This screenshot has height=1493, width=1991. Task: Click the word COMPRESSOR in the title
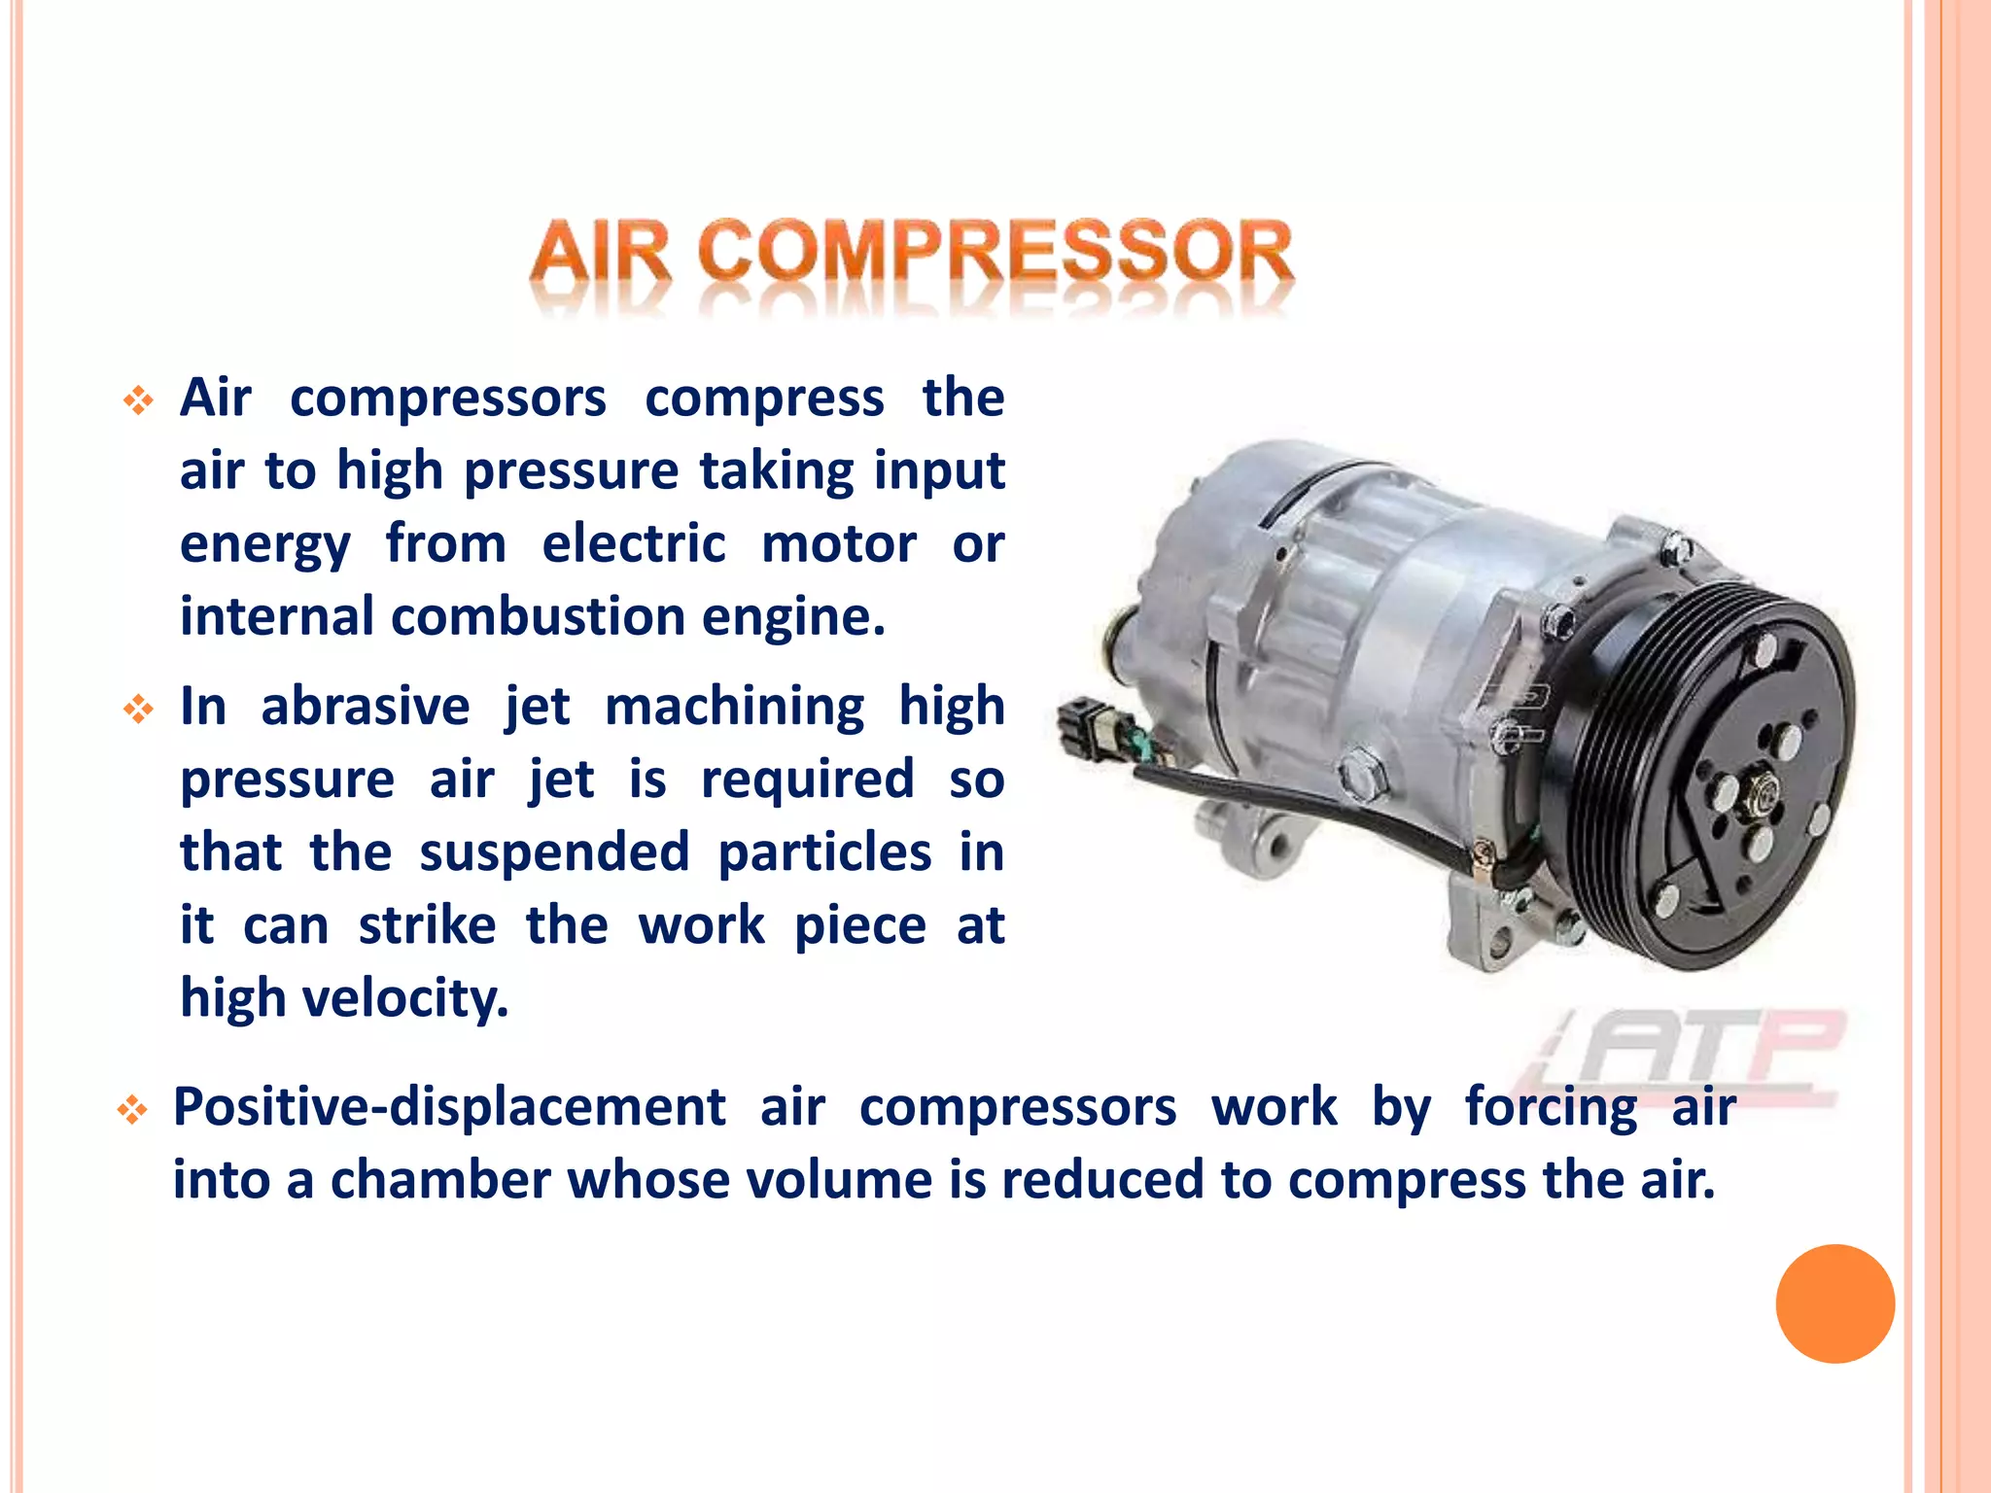995,253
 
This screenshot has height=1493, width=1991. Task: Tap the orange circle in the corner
1834,1303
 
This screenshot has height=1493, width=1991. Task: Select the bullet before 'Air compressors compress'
138,400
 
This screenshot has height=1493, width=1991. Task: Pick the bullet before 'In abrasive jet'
138,709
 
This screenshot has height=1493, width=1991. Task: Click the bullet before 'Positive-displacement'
132,1109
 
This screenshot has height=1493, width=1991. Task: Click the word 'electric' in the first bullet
633,543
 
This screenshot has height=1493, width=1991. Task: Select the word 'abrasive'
365,707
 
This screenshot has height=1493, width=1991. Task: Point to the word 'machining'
734,707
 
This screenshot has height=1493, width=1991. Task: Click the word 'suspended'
554,853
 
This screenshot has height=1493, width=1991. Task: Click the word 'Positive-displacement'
449,1107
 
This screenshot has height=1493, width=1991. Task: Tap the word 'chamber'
440,1180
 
